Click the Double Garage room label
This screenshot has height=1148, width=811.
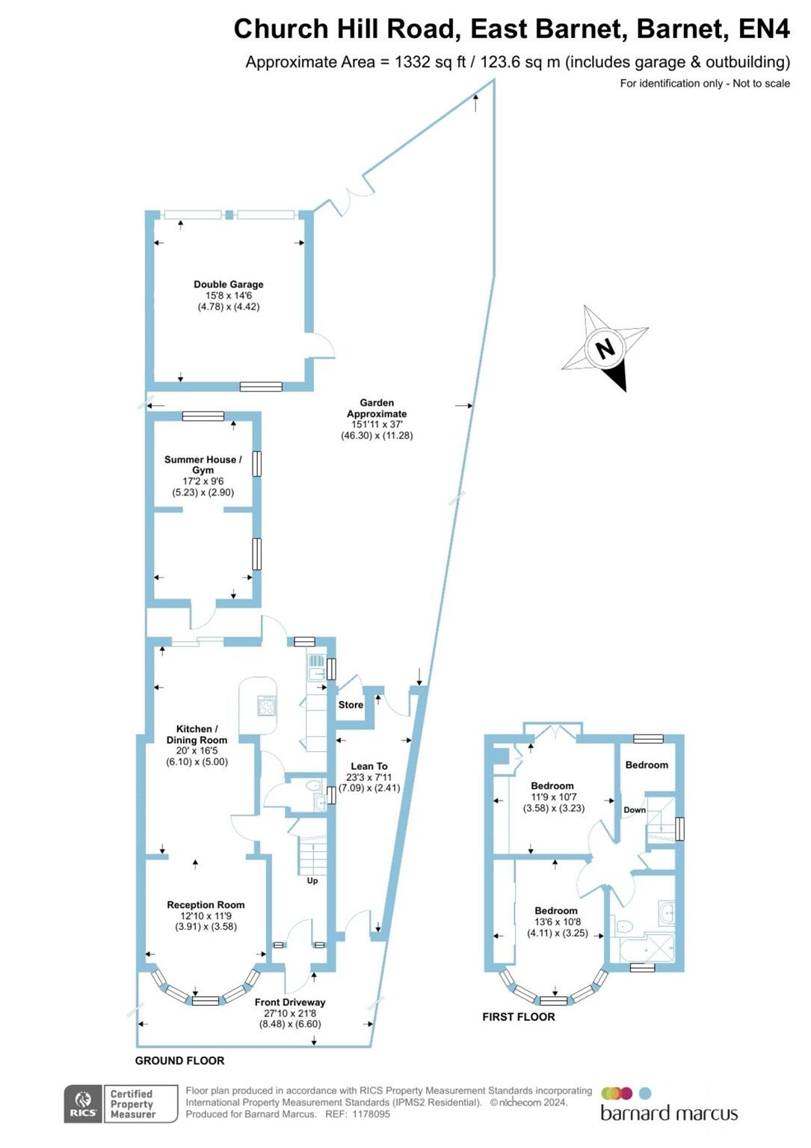coord(228,284)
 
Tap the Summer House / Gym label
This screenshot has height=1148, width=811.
coord(203,465)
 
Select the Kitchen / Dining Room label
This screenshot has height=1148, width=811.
coord(197,734)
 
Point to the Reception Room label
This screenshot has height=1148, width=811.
coord(206,904)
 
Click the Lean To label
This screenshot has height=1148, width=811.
coord(369,766)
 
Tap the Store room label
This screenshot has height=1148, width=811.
coord(351,705)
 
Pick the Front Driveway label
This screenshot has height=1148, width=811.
coord(290,1002)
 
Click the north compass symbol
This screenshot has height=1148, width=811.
coord(605,348)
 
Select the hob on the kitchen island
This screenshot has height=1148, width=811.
coord(266,706)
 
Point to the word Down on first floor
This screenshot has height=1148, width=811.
coord(635,810)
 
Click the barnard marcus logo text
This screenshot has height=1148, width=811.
coord(669,1114)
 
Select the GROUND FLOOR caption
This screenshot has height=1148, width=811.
coord(179,1061)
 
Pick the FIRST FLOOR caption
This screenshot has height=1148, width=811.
coord(519,1016)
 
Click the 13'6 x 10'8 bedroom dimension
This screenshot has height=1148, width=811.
coord(557,922)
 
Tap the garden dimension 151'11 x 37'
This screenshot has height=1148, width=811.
coord(377,425)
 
